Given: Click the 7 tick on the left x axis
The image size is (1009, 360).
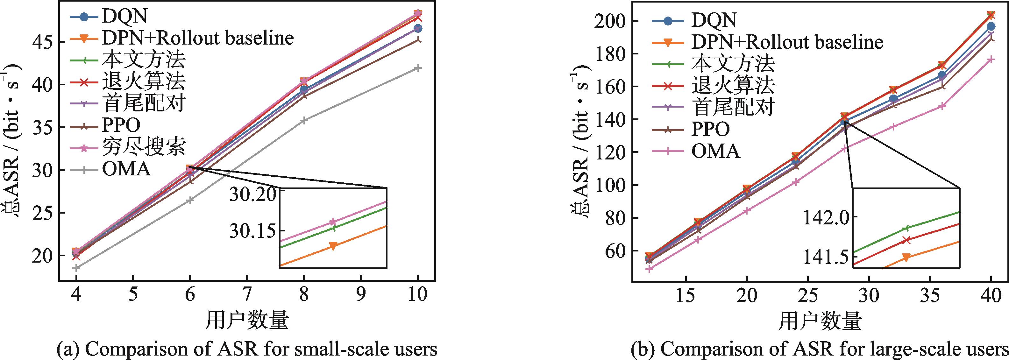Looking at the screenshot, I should (x=247, y=294).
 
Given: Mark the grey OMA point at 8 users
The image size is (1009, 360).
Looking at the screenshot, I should (x=303, y=120).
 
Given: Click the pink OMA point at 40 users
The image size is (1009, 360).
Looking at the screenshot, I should (x=991, y=59).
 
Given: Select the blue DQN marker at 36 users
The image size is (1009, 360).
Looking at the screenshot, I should (x=942, y=75).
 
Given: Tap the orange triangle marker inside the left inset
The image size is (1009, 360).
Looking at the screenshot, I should (x=333, y=246).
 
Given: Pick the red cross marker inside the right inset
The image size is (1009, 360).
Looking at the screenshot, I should (x=906, y=240).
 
